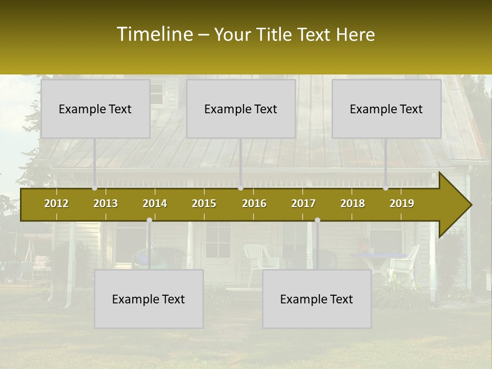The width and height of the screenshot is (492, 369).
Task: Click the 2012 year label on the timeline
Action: (56, 203)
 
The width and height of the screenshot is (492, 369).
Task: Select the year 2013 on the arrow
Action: (106, 203)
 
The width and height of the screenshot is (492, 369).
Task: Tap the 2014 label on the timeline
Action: (155, 203)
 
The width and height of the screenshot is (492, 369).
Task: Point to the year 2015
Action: (204, 203)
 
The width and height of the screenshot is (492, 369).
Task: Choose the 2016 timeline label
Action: (254, 203)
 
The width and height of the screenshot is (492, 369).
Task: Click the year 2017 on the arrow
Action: (303, 203)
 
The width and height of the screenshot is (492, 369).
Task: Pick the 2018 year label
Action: (353, 203)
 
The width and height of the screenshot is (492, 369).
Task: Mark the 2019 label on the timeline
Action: (402, 203)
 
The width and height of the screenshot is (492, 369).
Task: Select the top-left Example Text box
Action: (95, 109)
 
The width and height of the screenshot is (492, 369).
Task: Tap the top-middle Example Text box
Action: (241, 109)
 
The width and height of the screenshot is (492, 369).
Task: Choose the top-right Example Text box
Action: (386, 109)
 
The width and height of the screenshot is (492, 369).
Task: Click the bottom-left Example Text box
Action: (149, 299)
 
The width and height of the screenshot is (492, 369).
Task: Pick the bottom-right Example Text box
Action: (317, 299)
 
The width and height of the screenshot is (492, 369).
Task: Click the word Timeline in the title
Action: (154, 34)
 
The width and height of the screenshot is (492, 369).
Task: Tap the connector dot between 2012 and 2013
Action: (94, 188)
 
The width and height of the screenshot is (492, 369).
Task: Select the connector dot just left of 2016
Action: (240, 188)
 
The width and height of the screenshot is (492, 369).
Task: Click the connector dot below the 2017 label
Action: (317, 220)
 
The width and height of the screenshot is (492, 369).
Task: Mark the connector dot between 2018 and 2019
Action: (386, 188)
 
